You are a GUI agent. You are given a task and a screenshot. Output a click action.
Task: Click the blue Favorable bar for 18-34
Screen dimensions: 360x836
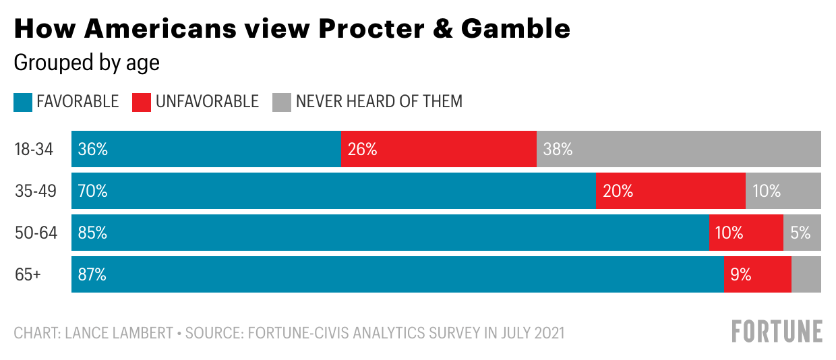(206, 149)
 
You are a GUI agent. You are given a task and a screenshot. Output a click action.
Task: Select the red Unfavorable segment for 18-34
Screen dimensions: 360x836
(438, 149)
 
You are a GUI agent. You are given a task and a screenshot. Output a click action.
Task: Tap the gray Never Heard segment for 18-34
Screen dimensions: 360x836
(678, 149)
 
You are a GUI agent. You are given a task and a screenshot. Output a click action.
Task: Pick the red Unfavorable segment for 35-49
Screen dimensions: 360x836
(670, 191)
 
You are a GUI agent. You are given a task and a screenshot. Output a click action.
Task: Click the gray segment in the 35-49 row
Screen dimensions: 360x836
(783, 191)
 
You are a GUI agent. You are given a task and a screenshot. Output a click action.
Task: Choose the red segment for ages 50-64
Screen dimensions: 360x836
(746, 233)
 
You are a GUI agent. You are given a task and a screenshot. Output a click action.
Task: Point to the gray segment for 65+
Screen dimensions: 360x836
(806, 274)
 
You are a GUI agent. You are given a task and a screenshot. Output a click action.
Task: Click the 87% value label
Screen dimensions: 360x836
(92, 274)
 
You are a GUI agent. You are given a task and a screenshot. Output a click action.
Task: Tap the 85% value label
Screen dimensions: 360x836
(92, 233)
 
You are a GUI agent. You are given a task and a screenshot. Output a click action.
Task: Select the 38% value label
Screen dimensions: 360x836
(558, 149)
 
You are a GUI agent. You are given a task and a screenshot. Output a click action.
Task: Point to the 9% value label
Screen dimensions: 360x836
(740, 274)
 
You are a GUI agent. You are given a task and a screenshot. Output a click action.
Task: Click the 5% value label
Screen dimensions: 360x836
(800, 233)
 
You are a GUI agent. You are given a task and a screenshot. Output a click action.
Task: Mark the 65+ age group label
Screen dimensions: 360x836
(28, 274)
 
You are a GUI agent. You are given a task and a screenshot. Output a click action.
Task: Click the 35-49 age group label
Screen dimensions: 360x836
(35, 191)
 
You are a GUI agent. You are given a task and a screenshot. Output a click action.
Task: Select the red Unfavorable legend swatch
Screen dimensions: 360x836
(141, 102)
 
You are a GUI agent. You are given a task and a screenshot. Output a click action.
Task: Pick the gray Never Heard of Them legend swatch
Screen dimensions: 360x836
(281, 102)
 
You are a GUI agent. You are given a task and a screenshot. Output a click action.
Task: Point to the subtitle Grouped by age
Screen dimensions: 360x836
(86, 63)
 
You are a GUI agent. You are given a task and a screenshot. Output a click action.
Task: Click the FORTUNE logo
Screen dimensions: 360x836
(777, 331)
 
